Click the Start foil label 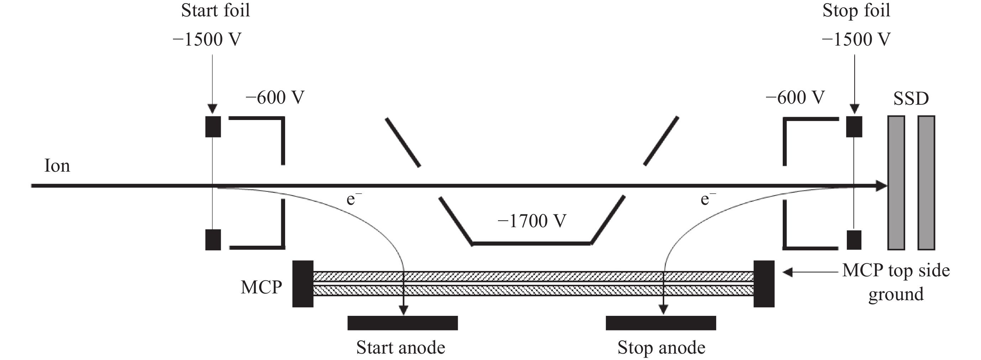pyautogui.click(x=216, y=10)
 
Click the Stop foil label pyautogui.click(x=856, y=10)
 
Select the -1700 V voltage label pyautogui.click(x=532, y=221)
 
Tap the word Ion pyautogui.click(x=57, y=166)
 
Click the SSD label pyautogui.click(x=911, y=99)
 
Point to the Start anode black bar pyautogui.click(x=403, y=323)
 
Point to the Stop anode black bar pyautogui.click(x=661, y=323)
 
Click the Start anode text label pyautogui.click(x=401, y=348)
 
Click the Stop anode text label pyautogui.click(x=661, y=348)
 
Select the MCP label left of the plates pyautogui.click(x=261, y=287)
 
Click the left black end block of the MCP pyautogui.click(x=303, y=283)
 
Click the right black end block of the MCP pyautogui.click(x=764, y=283)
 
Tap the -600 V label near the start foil pyautogui.click(x=275, y=98)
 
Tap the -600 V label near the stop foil pyautogui.click(x=795, y=98)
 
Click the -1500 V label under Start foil pyautogui.click(x=207, y=40)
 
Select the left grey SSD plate pyautogui.click(x=896, y=183)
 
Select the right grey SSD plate pyautogui.click(x=926, y=183)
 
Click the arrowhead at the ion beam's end pyautogui.click(x=882, y=186)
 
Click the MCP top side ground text pyautogui.click(x=896, y=282)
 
